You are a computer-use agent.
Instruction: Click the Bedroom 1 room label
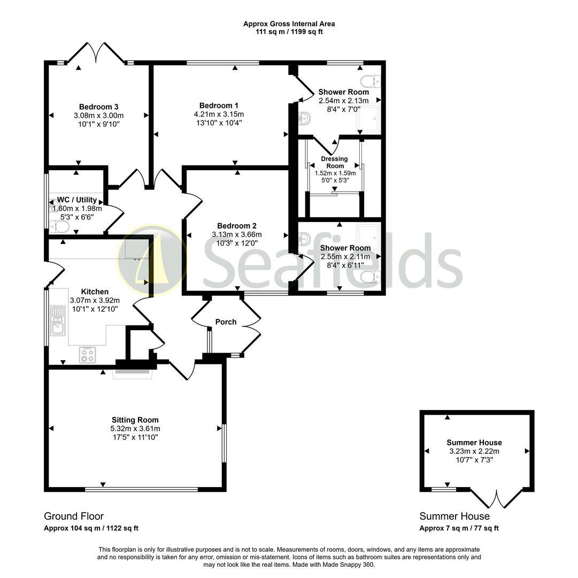tap(219, 105)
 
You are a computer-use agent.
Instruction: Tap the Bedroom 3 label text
tap(98, 107)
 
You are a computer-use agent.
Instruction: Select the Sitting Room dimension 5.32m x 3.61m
tap(135, 429)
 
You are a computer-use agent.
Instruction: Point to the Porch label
tap(226, 322)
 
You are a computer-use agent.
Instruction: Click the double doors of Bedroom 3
tap(96, 52)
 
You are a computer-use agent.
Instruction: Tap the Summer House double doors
tap(497, 499)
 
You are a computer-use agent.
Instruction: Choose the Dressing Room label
tap(334, 162)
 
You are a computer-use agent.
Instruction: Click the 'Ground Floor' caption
tap(74, 516)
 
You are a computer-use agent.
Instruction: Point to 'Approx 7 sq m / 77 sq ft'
tap(459, 528)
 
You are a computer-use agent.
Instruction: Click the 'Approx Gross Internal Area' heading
tap(289, 24)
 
